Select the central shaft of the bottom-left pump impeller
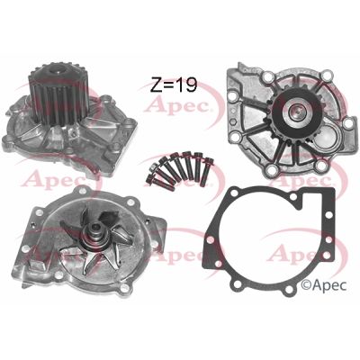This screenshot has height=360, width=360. coord(91,240)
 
